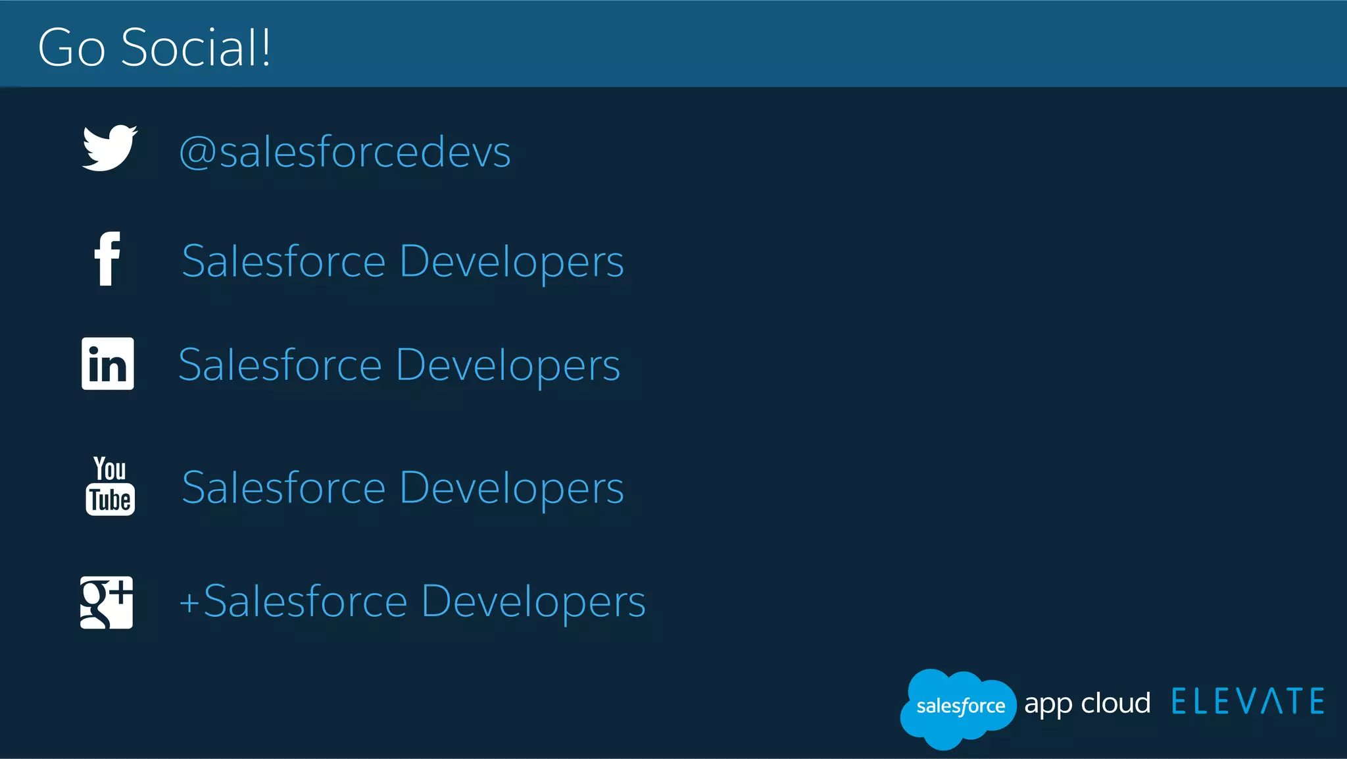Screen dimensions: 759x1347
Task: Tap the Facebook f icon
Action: [107, 259]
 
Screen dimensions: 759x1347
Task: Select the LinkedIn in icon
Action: [107, 364]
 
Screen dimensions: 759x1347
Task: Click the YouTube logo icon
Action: [110, 486]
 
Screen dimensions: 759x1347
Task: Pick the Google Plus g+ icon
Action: [107, 602]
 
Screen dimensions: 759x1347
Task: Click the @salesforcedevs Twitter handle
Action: [345, 151]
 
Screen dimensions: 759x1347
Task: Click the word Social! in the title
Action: [195, 47]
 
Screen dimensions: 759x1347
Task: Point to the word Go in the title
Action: [71, 47]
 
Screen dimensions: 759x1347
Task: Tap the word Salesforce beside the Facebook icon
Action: [283, 261]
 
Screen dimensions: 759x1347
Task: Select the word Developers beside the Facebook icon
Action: [511, 263]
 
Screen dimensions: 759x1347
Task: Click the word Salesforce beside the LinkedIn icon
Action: [280, 365]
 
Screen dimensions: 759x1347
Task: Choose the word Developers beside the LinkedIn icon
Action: [508, 366]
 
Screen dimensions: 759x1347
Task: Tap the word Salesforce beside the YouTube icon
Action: [283, 488]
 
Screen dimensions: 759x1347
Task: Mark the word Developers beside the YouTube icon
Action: [511, 489]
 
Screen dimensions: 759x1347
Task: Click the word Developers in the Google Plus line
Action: [533, 602]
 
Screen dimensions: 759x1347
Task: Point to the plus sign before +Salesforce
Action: [189, 603]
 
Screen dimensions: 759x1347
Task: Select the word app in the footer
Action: [1048, 704]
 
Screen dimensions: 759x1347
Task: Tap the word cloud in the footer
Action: [1115, 702]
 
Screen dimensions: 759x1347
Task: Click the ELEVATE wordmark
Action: [1248, 702]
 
